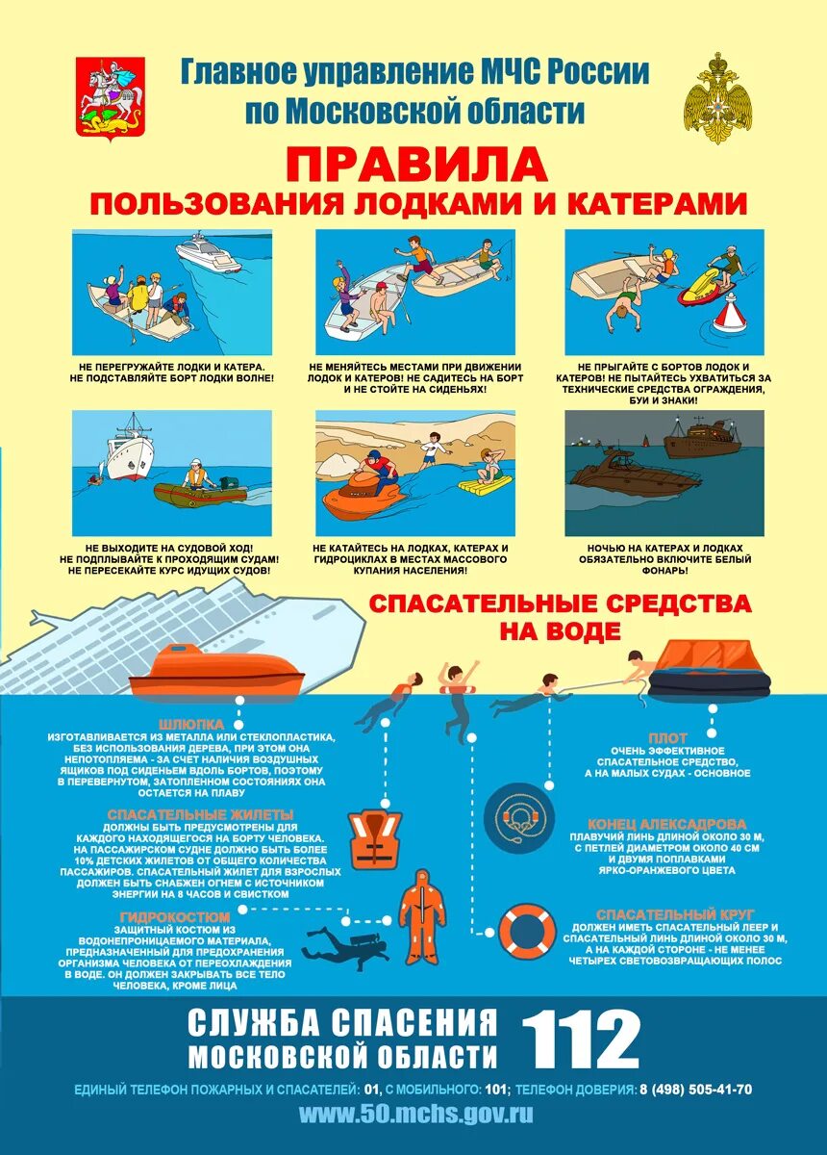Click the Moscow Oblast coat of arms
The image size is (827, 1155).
click(111, 99)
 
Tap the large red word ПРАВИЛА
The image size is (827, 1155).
click(416, 165)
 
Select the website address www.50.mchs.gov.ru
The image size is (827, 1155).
click(415, 1114)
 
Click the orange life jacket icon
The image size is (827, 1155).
click(374, 840)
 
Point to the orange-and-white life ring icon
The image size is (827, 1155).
click(527, 932)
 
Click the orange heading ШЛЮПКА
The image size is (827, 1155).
click(193, 723)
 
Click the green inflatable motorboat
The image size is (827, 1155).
click(199, 492)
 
